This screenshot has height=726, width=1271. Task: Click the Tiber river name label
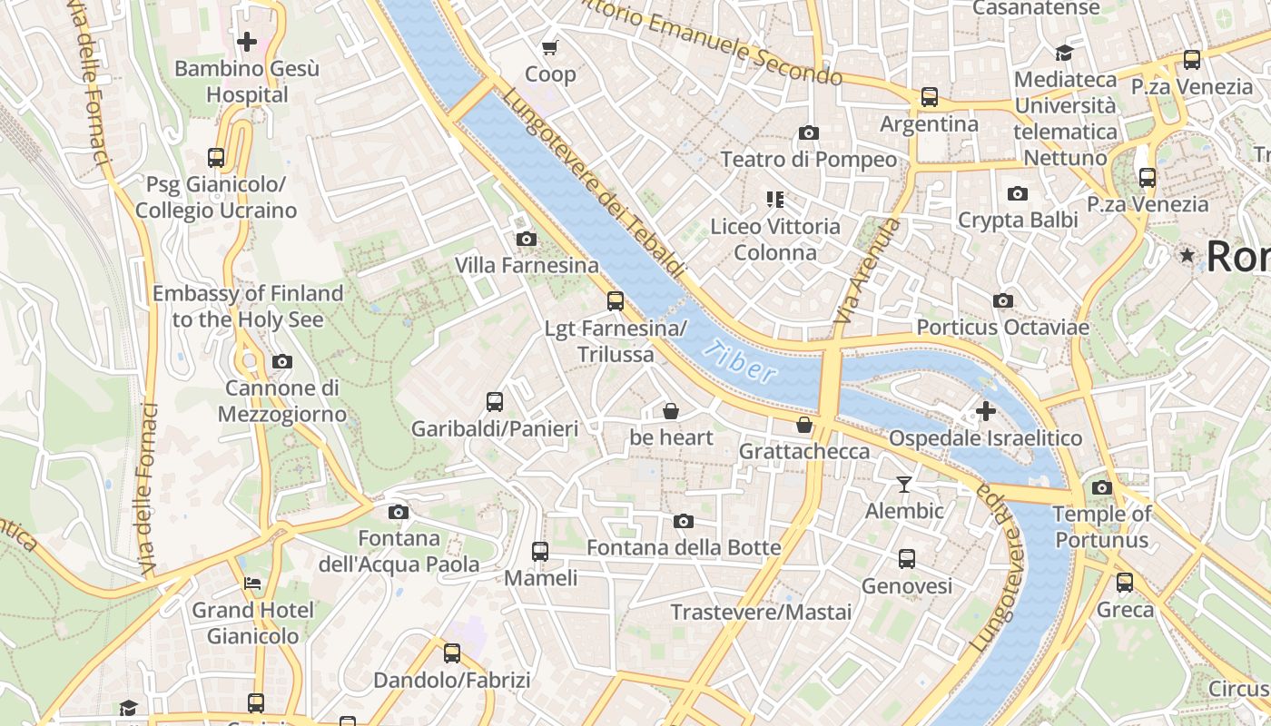744,361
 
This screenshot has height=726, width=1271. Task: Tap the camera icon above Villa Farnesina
526,240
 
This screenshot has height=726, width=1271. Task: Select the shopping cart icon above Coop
549,47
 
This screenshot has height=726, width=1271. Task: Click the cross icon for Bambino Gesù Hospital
246,42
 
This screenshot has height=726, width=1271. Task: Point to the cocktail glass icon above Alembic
903,485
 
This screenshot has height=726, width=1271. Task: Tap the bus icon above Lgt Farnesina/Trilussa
616,301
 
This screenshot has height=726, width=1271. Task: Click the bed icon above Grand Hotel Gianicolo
251,584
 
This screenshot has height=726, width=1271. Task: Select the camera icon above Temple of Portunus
1101,487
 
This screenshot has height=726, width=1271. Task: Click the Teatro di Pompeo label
808,160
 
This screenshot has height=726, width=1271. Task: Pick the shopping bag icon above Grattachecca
803,425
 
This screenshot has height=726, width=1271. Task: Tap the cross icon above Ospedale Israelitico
985,412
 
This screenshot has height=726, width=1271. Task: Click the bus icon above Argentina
929,97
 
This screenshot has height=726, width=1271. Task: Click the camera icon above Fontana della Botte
683,521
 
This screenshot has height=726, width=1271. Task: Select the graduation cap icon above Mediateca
1064,53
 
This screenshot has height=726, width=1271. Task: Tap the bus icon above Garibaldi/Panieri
495,401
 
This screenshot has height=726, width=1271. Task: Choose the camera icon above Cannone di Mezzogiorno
281,362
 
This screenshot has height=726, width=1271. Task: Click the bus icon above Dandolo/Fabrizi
451,652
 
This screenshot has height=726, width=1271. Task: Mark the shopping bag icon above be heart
671,411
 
